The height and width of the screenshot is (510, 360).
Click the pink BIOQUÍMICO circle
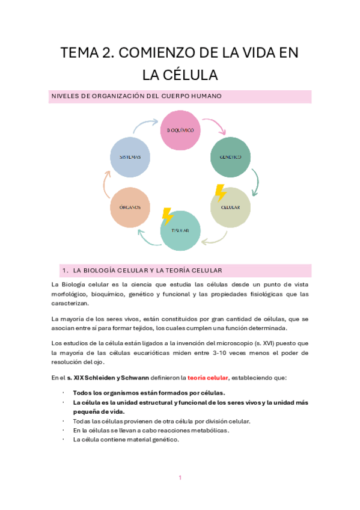tap(180, 129)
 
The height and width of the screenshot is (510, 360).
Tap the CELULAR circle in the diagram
tap(230, 207)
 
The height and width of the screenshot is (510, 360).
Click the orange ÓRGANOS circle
tap(129, 207)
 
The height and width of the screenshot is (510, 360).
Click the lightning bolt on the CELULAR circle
tap(220, 193)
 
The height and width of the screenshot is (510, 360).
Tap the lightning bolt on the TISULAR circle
tap(168, 217)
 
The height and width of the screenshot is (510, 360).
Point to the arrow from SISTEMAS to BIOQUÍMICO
tap(146, 125)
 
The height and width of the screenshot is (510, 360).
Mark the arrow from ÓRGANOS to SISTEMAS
tap(108, 182)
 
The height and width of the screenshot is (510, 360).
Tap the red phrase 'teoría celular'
tap(208, 377)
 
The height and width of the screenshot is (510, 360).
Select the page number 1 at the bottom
tap(180, 478)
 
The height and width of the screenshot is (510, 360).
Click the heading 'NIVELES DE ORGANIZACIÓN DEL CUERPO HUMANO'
tap(136, 96)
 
